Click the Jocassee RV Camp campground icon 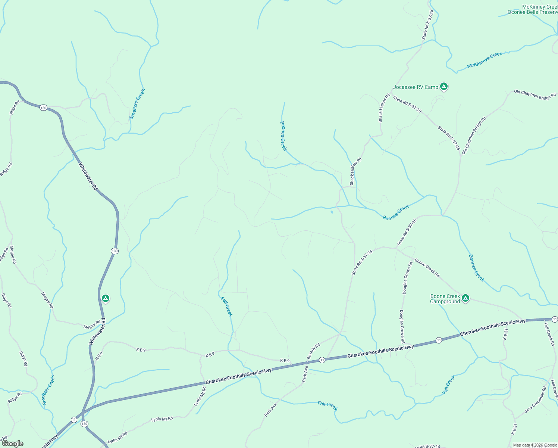(443, 87)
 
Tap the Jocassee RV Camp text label (416, 87)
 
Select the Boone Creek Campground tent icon (465, 298)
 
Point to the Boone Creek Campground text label (445, 299)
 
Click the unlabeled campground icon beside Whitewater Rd (106, 298)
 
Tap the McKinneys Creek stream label (485, 60)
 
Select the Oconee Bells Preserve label (532, 12)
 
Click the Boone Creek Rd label (427, 268)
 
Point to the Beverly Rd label (313, 352)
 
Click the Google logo (12, 444)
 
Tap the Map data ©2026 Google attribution (535, 445)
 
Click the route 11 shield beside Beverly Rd (322, 360)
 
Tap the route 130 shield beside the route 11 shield (85, 424)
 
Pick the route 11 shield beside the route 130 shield (74, 420)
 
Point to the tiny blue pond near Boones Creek (332, 212)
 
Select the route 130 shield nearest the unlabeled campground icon (115, 251)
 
